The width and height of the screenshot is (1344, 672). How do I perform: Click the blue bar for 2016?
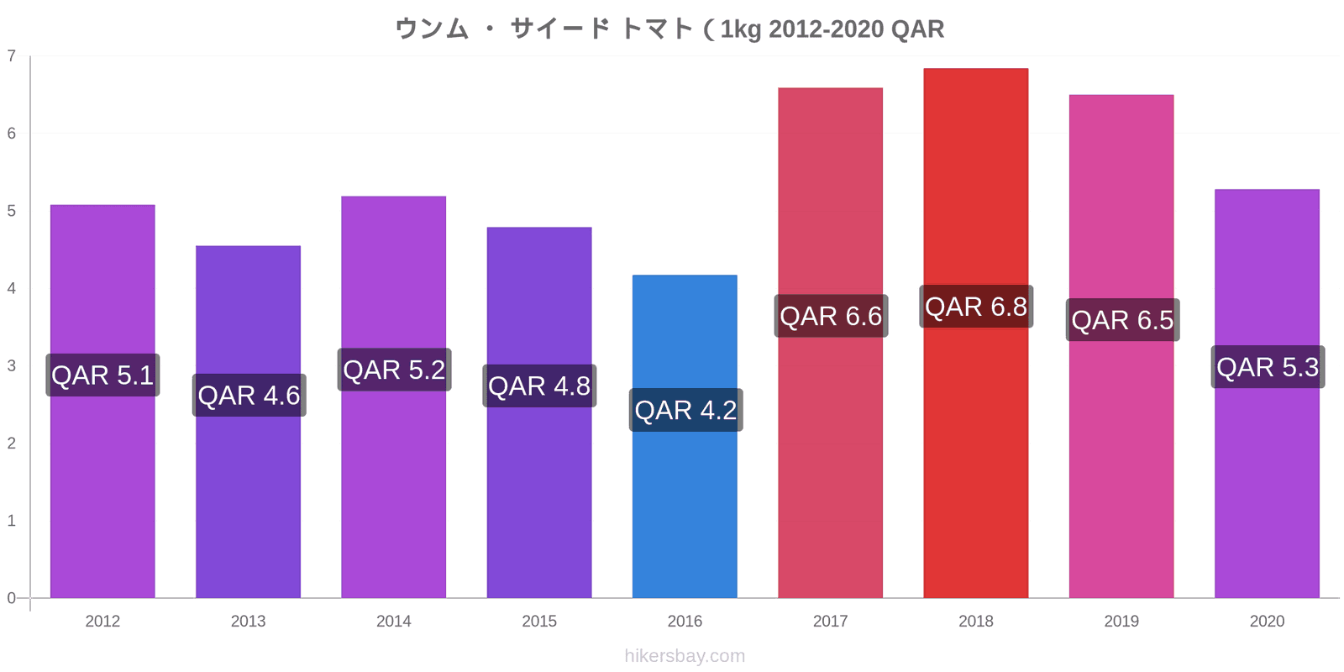coord(685,436)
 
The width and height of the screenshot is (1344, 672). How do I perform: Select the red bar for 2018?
coord(975,333)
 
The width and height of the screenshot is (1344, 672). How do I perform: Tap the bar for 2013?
coord(248,422)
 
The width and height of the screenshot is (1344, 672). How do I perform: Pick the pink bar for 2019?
coord(1121,346)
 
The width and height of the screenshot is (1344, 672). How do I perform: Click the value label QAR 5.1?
coord(102,375)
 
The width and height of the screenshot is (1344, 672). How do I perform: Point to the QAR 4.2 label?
coord(685,410)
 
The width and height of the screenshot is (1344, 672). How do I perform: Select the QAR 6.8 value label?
coord(976,307)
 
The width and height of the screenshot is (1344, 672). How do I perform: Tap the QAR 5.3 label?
coord(1268,366)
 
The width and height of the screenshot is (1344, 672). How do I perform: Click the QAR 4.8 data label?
coord(539,386)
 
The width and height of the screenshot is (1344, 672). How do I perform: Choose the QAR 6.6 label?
coord(831,316)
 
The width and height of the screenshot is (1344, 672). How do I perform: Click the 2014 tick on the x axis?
coord(394,621)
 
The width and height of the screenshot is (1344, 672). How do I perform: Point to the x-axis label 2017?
coord(831,621)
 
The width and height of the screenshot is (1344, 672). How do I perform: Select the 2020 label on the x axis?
coord(1268,621)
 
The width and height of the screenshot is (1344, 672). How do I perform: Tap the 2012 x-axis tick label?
coord(102,621)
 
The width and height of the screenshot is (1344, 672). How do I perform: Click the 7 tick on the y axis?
coord(12,55)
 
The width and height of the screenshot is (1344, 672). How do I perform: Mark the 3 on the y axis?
coord(12,365)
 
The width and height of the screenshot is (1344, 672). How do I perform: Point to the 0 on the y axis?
coord(12,598)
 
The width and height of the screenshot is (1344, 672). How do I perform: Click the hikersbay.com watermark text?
coord(685,656)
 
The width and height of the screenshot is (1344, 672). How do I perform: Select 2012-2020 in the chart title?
coord(827,29)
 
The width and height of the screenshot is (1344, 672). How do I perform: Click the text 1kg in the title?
coord(741,29)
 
